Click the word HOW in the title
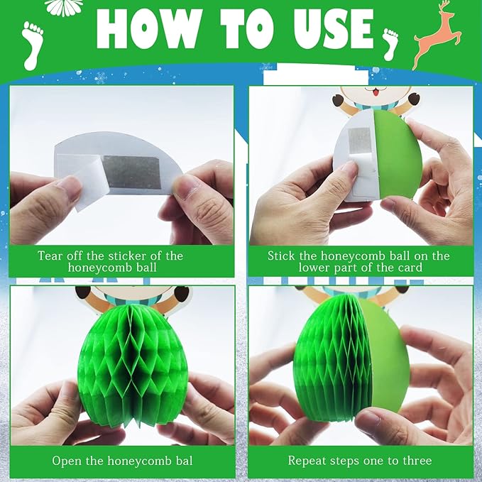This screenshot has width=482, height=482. (x=149, y=28)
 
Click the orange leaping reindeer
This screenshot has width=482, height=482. (x=437, y=34)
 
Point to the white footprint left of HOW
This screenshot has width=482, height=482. (x=33, y=45)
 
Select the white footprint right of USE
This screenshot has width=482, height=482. (x=390, y=44)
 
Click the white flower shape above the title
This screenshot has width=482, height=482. (x=64, y=7)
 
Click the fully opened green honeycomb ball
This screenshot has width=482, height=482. (x=132, y=362)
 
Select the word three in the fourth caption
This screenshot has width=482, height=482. (x=417, y=461)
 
